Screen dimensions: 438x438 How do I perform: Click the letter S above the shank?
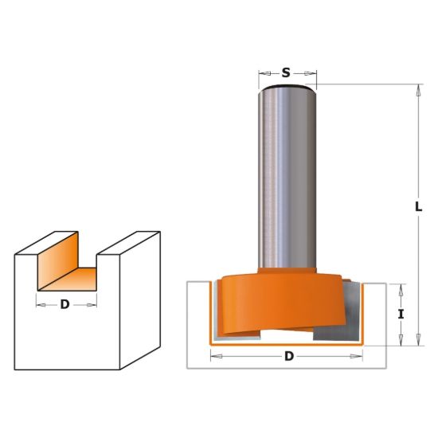(x=286, y=73)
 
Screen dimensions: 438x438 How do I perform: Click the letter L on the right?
(x=418, y=207)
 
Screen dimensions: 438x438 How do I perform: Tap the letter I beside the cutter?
(x=401, y=315)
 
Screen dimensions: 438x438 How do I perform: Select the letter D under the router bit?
(x=289, y=357)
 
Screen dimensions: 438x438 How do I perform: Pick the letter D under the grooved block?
(x=65, y=304)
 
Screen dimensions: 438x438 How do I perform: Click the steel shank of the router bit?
(x=287, y=178)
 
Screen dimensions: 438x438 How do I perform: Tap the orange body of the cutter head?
(x=282, y=304)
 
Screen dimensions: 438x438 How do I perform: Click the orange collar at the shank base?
(x=287, y=271)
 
